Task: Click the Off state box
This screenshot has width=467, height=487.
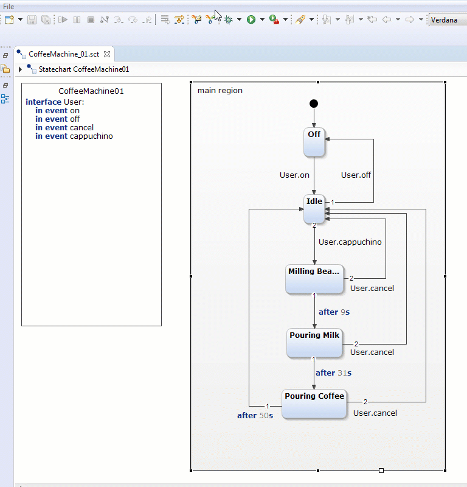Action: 314,142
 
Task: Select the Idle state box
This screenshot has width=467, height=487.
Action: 314,209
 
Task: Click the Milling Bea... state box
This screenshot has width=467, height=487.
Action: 314,279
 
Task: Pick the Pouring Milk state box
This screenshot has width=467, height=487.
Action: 314,343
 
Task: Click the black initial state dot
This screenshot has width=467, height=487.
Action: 314,103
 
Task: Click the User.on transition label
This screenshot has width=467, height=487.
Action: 294,175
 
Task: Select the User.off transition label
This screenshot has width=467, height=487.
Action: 356,175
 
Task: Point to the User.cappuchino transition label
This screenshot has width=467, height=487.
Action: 350,242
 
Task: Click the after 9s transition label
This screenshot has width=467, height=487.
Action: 334,312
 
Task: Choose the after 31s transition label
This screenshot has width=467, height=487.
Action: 333,373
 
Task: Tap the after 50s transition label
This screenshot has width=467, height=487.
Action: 255,416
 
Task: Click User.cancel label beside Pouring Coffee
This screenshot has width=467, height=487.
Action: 375,413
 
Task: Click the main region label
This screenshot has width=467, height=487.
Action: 220,91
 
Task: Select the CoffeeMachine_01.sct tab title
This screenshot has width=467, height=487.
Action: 64,54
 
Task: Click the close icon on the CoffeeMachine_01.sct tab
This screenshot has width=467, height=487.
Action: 107,54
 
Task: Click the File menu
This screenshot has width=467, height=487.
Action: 9,6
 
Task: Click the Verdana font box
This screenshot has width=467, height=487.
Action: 447,20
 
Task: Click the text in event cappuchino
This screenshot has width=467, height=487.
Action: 74,136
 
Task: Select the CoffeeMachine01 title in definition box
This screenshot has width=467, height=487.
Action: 91,91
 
